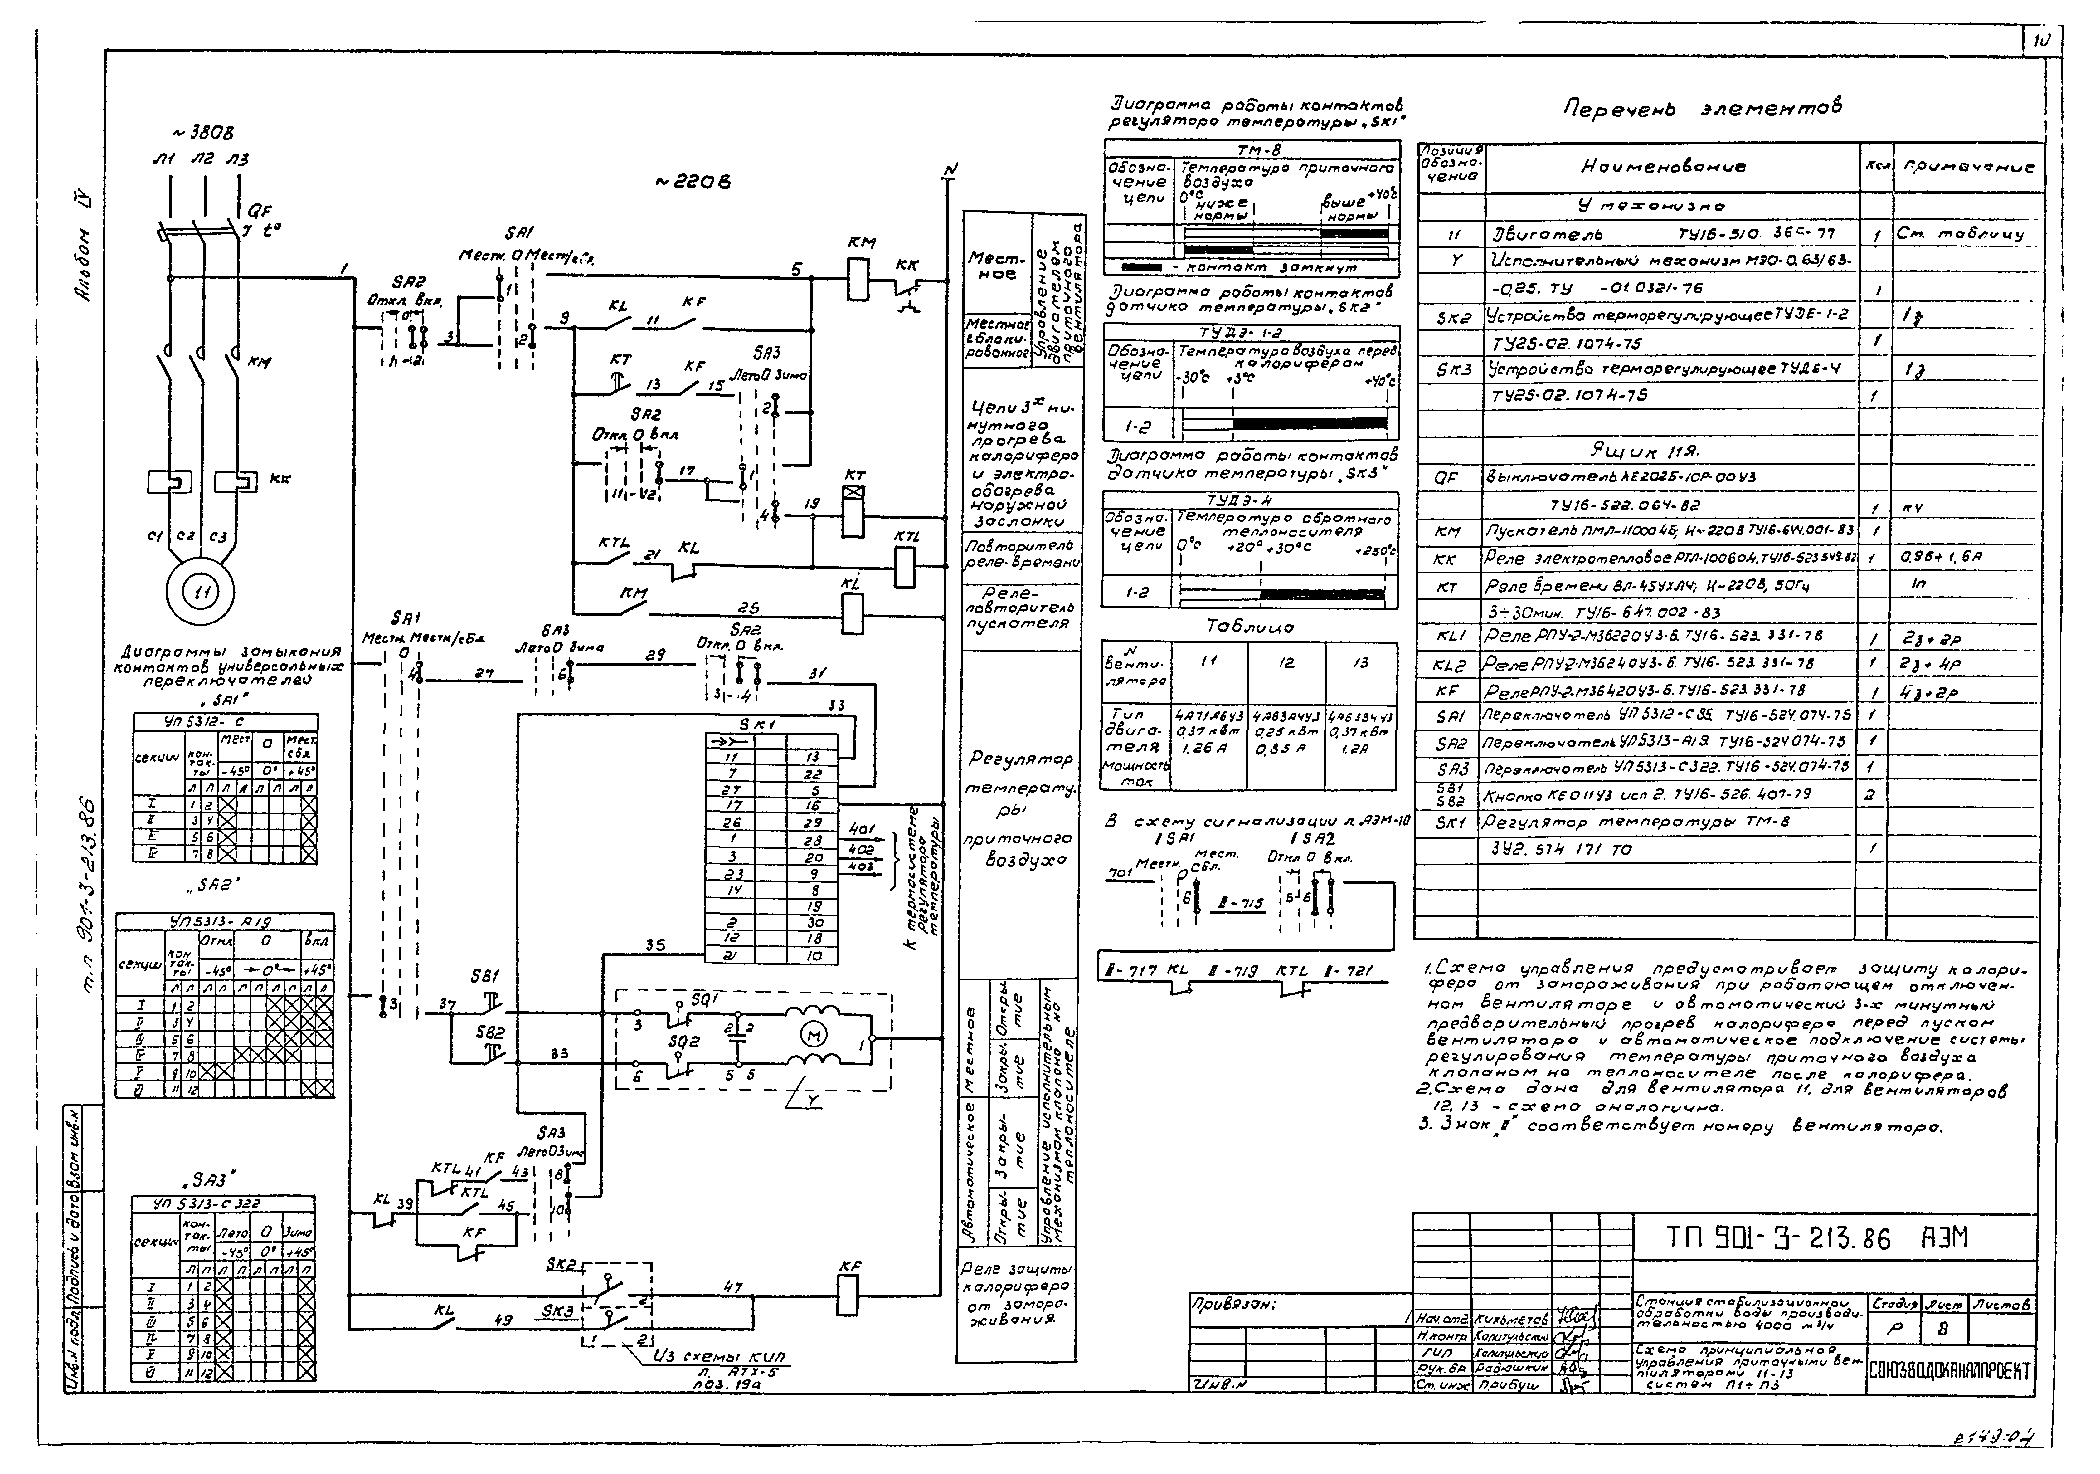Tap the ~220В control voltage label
click(693, 183)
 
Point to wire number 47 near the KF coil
click(733, 1287)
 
